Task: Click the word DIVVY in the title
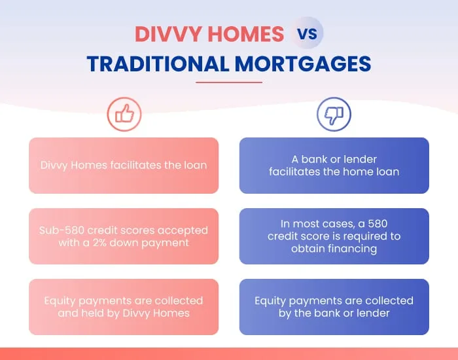(169, 34)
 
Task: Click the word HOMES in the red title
(246, 34)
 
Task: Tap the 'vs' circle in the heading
(307, 33)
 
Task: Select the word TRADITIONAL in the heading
(158, 63)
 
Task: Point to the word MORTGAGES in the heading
(303, 63)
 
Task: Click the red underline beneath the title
(229, 82)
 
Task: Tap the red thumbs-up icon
(124, 114)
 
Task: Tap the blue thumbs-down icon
(334, 114)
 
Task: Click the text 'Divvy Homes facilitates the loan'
(124, 165)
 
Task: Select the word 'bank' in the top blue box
(315, 159)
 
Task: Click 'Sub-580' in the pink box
(62, 230)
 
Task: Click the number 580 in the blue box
(378, 224)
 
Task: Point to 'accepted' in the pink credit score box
(183, 230)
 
